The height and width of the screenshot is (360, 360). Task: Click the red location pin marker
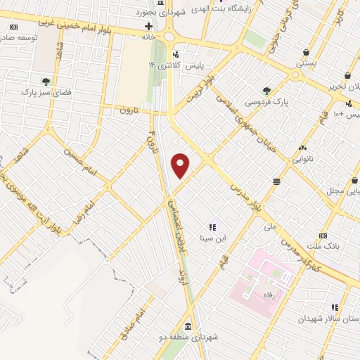[x=181, y=165]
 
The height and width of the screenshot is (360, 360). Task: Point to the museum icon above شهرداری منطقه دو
[x=188, y=327]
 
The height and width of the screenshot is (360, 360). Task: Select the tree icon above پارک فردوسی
[x=266, y=90]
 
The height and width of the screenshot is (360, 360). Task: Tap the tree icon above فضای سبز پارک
[x=46, y=80]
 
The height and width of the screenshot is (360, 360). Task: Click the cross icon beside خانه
[x=148, y=25]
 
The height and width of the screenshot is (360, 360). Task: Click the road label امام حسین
[x=79, y=161]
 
